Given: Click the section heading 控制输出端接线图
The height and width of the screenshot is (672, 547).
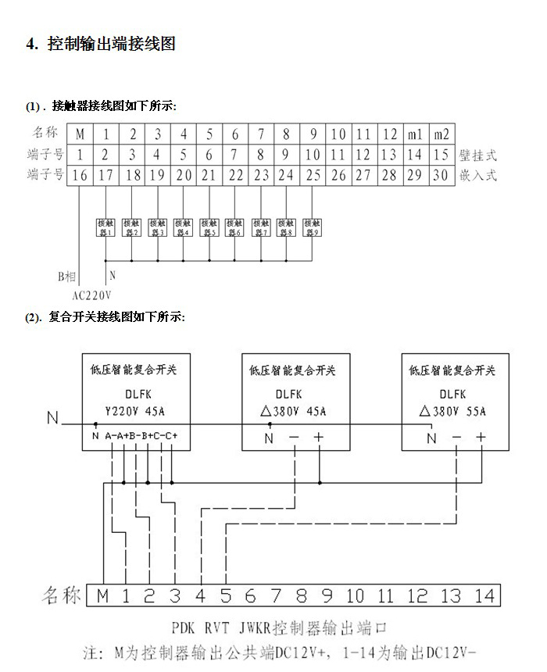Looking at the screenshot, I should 112,44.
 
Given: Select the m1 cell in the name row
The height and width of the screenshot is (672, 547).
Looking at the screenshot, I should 415,134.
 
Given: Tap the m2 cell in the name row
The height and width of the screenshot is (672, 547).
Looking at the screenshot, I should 441,134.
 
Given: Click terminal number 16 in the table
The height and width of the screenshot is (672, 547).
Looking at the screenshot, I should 80,175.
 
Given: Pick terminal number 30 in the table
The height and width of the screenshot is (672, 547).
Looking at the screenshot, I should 441,175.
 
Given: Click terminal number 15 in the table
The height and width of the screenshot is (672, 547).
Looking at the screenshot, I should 441,155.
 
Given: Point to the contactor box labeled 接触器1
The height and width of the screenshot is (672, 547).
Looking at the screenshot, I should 105,227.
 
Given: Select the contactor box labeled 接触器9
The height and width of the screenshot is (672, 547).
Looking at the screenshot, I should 313,227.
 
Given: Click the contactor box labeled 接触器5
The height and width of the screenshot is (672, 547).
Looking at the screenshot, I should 209,227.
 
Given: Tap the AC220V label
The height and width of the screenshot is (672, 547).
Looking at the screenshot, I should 92,296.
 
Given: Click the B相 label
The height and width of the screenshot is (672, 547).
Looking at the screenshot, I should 69,276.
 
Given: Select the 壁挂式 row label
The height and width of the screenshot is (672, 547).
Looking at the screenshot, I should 477,155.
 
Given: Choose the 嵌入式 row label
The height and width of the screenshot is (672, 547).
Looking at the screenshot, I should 477,175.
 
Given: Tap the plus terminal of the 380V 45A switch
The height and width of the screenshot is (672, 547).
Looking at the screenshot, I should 319,438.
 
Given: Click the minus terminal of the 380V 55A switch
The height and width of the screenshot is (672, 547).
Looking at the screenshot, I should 456,438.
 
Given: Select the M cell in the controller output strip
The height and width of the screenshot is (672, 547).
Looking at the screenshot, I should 103,596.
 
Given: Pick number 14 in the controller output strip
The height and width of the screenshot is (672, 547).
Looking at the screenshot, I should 484,596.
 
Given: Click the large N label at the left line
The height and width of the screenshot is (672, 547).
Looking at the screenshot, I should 52,418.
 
